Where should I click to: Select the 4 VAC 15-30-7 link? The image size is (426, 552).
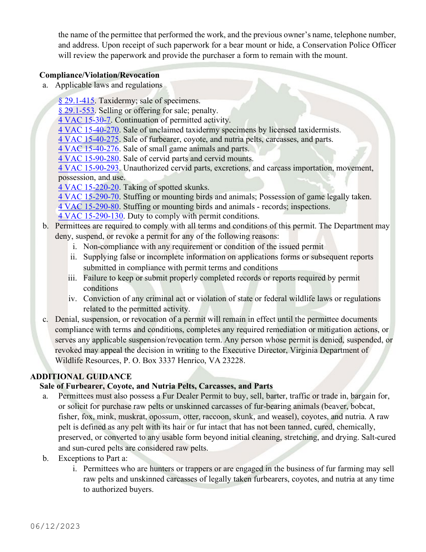pyautogui.click(x=84, y=120)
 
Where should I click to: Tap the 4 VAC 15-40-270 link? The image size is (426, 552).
pyautogui.click(x=88, y=130)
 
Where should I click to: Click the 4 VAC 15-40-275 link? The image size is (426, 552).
pyautogui.click(x=88, y=139)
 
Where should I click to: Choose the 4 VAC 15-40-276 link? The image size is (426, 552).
pyautogui.click(x=88, y=149)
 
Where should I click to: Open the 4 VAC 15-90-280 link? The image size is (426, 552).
pyautogui.click(x=88, y=158)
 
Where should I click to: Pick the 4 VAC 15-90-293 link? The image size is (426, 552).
pyautogui.click(x=88, y=168)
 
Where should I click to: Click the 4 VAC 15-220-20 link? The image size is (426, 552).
pyautogui.click(x=88, y=187)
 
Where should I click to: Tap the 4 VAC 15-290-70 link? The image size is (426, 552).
pyautogui.click(x=88, y=197)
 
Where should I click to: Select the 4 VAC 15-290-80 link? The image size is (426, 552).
pyautogui.click(x=88, y=206)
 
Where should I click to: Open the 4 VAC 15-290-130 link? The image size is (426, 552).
pyautogui.click(x=91, y=216)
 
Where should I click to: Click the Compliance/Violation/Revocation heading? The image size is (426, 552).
pyautogui.click(x=99, y=75)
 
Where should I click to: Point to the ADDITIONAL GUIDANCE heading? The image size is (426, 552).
pyautogui.click(x=81, y=377)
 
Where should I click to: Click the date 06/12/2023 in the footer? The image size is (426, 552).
pyautogui.click(x=55, y=526)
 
